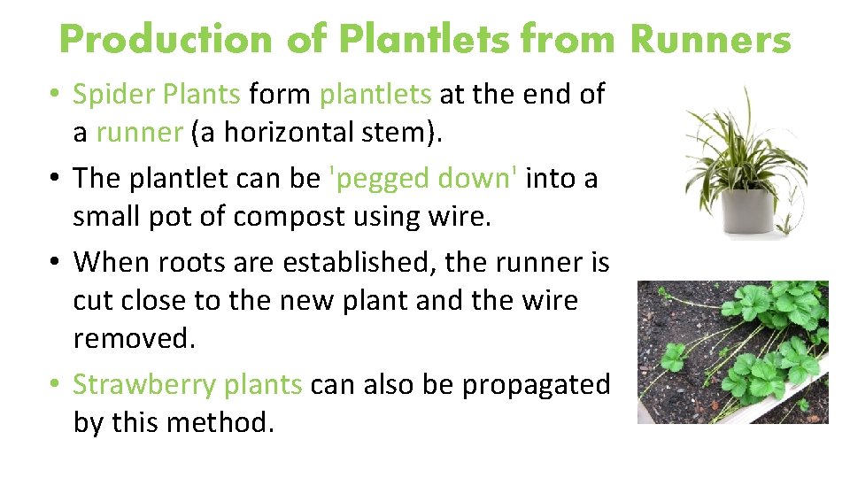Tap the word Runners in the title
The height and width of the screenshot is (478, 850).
click(x=710, y=40)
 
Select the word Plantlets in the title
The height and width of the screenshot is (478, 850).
click(x=428, y=40)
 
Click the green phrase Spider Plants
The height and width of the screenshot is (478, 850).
click(x=156, y=94)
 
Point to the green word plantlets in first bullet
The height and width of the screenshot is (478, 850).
click(x=375, y=94)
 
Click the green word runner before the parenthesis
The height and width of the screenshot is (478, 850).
click(x=138, y=133)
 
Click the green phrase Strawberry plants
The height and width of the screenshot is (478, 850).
click(x=187, y=385)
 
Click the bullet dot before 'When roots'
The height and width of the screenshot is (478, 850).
click(x=55, y=263)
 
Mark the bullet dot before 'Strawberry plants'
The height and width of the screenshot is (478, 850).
click(x=55, y=385)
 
